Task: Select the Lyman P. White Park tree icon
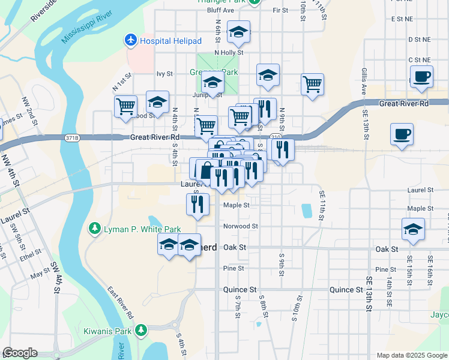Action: [x=94, y=229]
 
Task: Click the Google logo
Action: [x=20, y=353]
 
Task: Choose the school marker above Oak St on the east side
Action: [x=413, y=230]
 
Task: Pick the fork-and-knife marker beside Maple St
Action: [x=197, y=205]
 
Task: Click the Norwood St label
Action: [x=241, y=226]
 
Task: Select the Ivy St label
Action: [x=164, y=74]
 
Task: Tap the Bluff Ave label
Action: [x=220, y=10]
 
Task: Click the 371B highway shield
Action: [x=71, y=138]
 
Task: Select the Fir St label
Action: [x=280, y=10]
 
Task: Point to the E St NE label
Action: [x=402, y=19]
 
